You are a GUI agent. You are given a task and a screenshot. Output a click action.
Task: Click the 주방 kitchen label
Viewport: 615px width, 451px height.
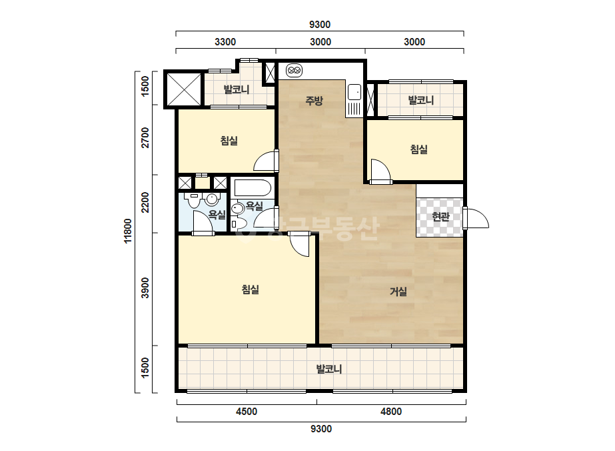[314, 101]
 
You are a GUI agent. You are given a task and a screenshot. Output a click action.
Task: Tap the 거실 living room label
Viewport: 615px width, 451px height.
[398, 292]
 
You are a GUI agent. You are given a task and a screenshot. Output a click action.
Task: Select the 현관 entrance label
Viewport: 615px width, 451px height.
[440, 216]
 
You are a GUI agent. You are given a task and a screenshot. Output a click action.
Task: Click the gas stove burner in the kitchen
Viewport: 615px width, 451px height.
[294, 71]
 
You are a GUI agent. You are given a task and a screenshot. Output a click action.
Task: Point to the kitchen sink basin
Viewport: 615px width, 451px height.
[354, 92]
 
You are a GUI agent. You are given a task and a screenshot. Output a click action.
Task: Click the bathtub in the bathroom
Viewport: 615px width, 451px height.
[253, 187]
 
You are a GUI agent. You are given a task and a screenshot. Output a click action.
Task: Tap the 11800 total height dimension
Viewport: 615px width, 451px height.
[128, 232]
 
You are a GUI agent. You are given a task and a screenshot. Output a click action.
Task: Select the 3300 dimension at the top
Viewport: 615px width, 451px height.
[225, 42]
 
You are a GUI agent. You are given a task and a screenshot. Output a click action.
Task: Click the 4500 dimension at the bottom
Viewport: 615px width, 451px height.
[247, 412]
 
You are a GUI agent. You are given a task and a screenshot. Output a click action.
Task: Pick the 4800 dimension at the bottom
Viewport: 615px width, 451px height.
[391, 412]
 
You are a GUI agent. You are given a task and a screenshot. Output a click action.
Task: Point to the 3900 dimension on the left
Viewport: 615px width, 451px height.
[145, 288]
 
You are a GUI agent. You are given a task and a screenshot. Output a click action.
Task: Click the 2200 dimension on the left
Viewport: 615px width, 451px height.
[145, 202]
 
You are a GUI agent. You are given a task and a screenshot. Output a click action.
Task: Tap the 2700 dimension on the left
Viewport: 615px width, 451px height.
[145, 138]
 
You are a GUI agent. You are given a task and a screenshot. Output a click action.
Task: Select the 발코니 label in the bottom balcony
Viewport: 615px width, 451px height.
[329, 370]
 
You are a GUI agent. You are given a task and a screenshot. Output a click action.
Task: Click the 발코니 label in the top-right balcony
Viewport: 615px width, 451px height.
[421, 100]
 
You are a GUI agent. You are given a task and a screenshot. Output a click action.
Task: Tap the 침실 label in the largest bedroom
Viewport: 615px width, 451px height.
[251, 290]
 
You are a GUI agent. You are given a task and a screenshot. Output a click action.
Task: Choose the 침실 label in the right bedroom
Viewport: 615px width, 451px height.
[418, 149]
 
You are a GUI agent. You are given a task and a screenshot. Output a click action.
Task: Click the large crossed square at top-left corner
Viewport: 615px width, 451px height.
[183, 88]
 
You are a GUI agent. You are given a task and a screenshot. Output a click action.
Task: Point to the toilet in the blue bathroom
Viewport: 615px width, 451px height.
[193, 199]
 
